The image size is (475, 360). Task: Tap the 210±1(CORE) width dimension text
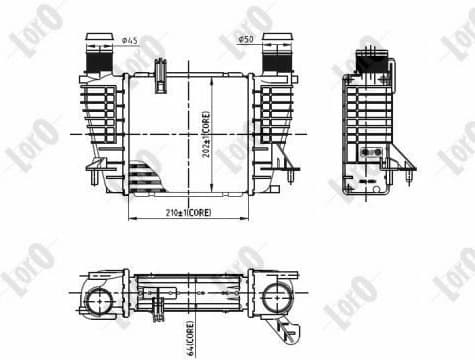185,212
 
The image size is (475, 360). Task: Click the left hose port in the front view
100,55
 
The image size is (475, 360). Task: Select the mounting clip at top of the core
159,71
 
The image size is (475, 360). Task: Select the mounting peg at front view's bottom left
95,179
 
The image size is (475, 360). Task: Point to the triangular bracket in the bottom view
291,330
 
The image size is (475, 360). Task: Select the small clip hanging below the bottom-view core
160,309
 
